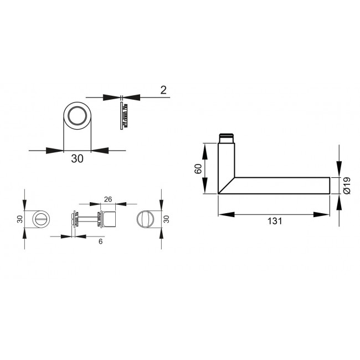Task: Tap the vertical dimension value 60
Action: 198,169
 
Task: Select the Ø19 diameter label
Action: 346,185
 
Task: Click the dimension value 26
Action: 108,199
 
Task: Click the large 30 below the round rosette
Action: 77,159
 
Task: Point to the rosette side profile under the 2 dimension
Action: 123,116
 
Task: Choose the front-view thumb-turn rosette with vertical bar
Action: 146,219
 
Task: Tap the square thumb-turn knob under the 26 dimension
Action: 108,219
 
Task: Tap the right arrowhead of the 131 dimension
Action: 321,214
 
